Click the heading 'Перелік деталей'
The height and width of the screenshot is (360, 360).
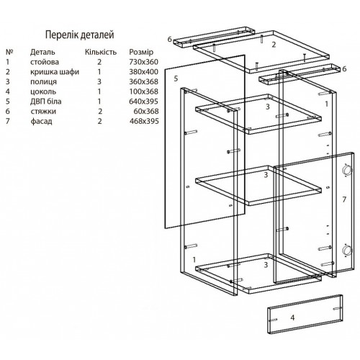[80, 35]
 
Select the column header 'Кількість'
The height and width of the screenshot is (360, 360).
[101, 52]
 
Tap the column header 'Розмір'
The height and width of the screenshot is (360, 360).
[141, 52]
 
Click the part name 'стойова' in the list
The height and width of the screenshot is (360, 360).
[45, 62]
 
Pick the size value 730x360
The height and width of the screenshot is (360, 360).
[144, 62]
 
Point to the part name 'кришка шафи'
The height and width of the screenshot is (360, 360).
[55, 72]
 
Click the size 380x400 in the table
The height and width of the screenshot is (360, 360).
[144, 72]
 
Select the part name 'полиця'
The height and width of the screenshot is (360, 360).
[43, 82]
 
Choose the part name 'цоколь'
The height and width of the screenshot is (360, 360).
[43, 91]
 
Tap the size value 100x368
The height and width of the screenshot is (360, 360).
[144, 91]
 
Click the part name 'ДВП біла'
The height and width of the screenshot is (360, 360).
[46, 102]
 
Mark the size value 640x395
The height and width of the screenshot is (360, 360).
[143, 102]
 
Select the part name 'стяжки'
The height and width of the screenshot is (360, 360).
[43, 112]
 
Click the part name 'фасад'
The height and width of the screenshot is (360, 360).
[41, 121]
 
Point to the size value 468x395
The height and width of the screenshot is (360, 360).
[144, 121]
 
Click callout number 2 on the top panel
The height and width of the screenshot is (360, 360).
[274, 45]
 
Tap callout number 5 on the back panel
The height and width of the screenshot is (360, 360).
[176, 78]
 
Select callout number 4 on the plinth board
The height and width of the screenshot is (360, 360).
[292, 318]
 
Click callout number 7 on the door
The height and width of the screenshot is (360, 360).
[344, 199]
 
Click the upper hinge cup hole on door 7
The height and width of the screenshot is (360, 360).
[346, 170]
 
